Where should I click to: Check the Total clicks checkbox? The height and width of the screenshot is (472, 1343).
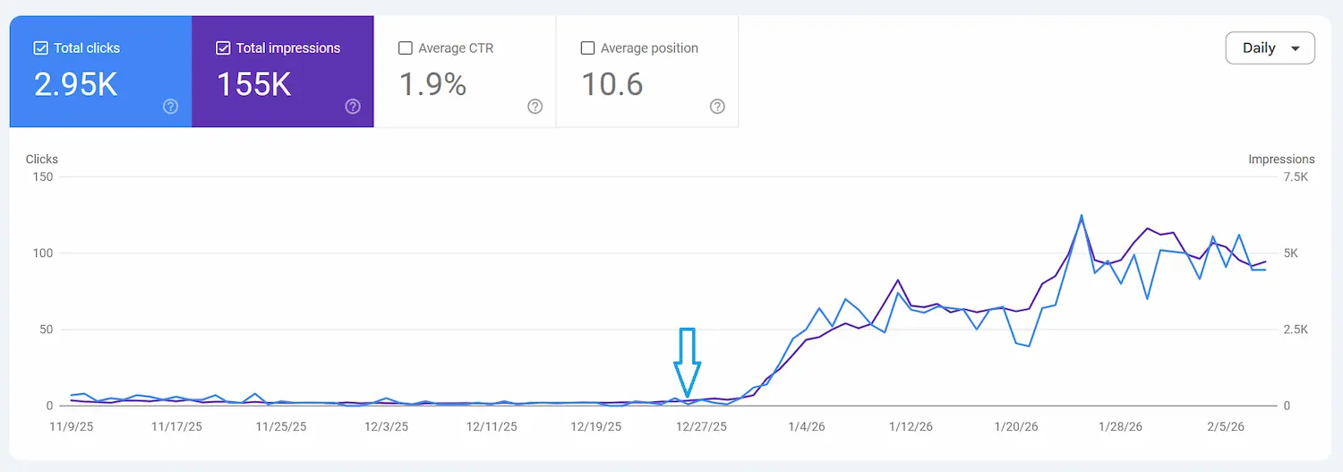pyautogui.click(x=41, y=48)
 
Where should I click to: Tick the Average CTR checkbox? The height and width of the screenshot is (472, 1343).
pyautogui.click(x=406, y=48)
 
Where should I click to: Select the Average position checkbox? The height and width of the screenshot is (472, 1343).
pyautogui.click(x=587, y=48)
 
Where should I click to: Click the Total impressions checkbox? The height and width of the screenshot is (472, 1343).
pyautogui.click(x=223, y=48)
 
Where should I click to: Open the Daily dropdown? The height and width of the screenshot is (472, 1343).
pyautogui.click(x=1270, y=48)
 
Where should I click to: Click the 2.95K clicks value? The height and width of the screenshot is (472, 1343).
pyautogui.click(x=75, y=84)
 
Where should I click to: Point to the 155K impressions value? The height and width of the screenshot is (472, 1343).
pyautogui.click(x=253, y=84)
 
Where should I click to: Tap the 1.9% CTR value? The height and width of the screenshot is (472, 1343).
pyautogui.click(x=432, y=84)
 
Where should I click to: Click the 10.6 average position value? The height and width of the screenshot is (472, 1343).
pyautogui.click(x=612, y=84)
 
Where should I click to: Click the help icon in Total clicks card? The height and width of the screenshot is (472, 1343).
pyautogui.click(x=170, y=107)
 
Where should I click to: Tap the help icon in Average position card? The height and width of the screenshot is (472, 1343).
pyautogui.click(x=717, y=107)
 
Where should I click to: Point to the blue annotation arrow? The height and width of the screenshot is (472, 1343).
pyautogui.click(x=687, y=362)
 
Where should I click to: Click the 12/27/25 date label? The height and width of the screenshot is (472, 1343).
pyautogui.click(x=701, y=426)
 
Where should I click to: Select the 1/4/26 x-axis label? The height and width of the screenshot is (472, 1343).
pyautogui.click(x=807, y=426)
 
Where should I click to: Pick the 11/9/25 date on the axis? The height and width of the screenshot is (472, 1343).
pyautogui.click(x=72, y=426)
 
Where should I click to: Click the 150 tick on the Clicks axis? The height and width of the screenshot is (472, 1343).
pyautogui.click(x=43, y=177)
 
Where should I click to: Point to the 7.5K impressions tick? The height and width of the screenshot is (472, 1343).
pyautogui.click(x=1296, y=177)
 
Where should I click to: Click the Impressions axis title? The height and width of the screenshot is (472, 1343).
pyautogui.click(x=1281, y=159)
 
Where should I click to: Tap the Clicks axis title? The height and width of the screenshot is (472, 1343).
pyautogui.click(x=42, y=159)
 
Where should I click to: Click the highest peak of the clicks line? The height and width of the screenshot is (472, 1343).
pyautogui.click(x=1082, y=216)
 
